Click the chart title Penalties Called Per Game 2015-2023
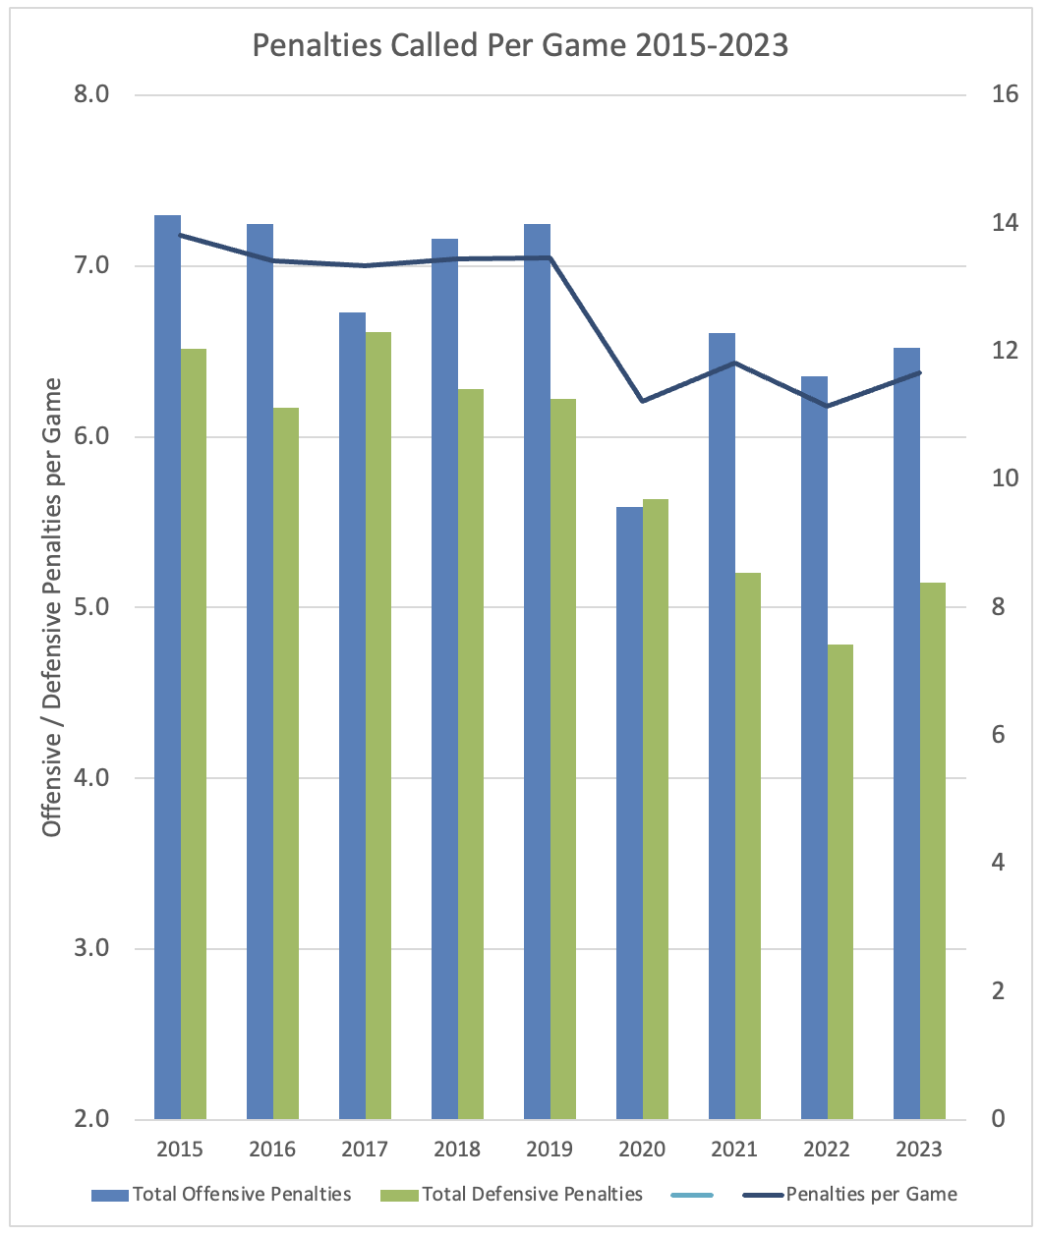520,45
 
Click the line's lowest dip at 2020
642,401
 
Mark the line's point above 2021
734,363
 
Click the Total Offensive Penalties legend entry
242,1195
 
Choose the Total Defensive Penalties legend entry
532,1195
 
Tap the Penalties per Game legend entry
871,1195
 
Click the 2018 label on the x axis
457,1149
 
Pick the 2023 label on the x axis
919,1149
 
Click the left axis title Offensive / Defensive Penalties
53,606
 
